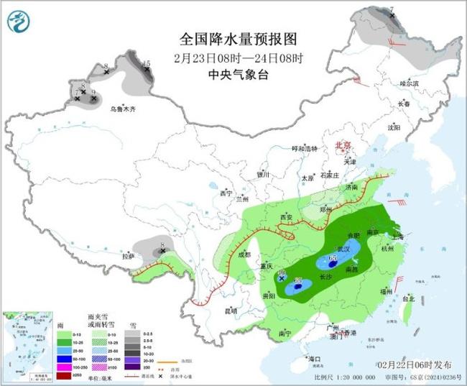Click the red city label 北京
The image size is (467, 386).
[343, 145]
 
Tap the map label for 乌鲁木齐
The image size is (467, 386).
[122, 109]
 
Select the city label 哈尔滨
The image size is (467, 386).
[408, 83]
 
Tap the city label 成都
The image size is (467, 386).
[244, 254]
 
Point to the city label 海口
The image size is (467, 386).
[313, 357]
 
